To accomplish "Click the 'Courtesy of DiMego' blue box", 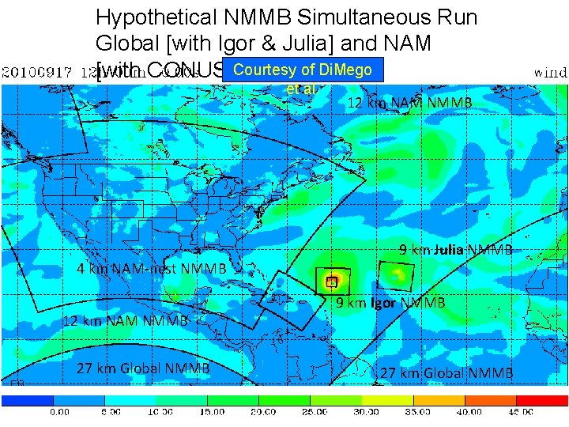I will (x=303, y=70).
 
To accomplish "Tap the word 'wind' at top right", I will (x=550, y=72).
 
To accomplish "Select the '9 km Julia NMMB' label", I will (x=456, y=250).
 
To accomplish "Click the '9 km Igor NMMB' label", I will (x=390, y=303).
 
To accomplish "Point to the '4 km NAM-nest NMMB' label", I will (x=151, y=268).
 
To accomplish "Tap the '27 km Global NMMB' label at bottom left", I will (x=143, y=368).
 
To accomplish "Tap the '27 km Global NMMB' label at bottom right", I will (x=447, y=373).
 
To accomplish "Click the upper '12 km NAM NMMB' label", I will (x=409, y=103).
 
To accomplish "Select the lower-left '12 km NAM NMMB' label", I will (x=125, y=320).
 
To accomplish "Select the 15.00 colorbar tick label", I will (x=211, y=412).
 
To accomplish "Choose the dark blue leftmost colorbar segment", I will (x=28, y=400).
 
